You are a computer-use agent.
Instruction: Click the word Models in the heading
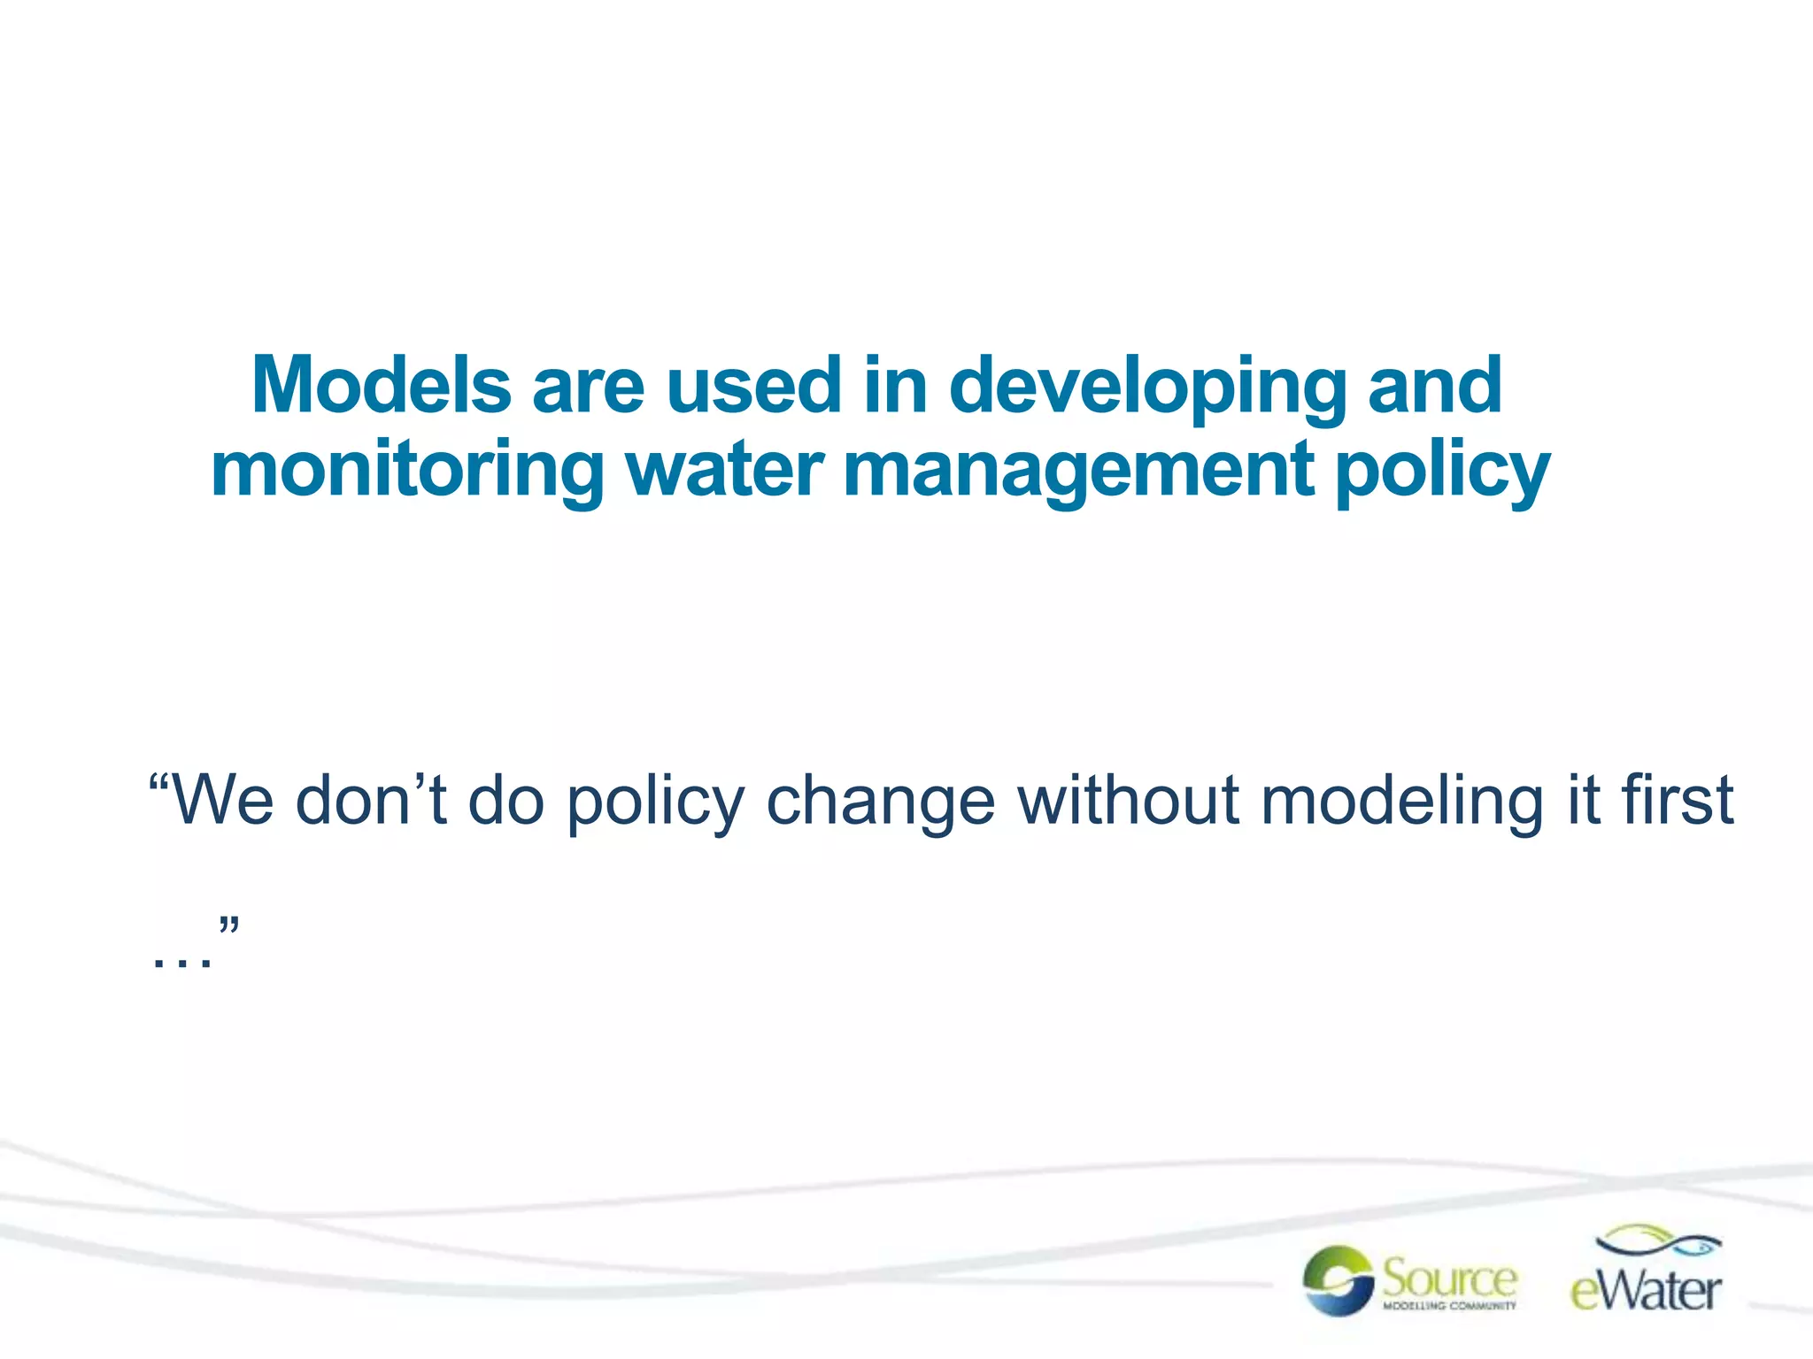(x=381, y=385)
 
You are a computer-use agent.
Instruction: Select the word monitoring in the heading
(x=407, y=471)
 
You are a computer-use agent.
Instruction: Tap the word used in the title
(x=752, y=385)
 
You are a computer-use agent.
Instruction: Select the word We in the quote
(x=221, y=800)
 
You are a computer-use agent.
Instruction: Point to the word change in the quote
(x=880, y=800)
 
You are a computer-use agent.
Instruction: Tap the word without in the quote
(x=1128, y=800)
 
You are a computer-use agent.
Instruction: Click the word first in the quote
(x=1677, y=800)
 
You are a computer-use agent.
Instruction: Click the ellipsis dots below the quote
(x=181, y=961)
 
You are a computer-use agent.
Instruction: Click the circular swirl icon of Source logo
(x=1338, y=1280)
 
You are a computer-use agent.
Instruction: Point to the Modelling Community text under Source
(x=1449, y=1306)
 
